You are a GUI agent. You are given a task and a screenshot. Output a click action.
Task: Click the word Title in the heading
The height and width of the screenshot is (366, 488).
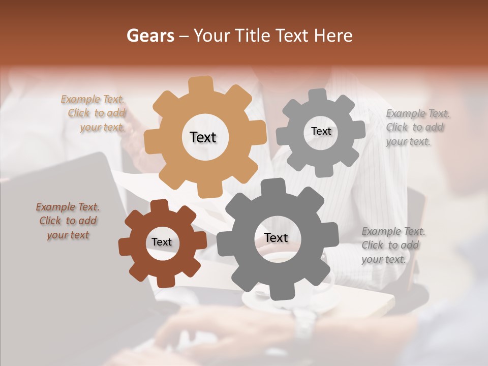point(253,36)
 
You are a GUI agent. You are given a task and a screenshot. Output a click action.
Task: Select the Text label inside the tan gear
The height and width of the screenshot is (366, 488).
point(203,137)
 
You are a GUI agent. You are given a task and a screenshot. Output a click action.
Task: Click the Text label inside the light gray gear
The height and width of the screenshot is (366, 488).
point(321,131)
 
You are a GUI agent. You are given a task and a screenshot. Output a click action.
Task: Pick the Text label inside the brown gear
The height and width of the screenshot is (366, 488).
point(162,242)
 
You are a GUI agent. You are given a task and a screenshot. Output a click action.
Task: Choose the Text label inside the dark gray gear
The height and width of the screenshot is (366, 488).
point(276,237)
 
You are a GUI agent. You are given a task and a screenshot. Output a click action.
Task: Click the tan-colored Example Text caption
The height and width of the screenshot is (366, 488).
point(94,113)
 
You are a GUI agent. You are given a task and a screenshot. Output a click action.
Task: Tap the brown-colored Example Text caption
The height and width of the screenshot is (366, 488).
point(68,221)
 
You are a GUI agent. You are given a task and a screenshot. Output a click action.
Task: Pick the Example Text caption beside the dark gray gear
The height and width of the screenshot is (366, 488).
point(393,245)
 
